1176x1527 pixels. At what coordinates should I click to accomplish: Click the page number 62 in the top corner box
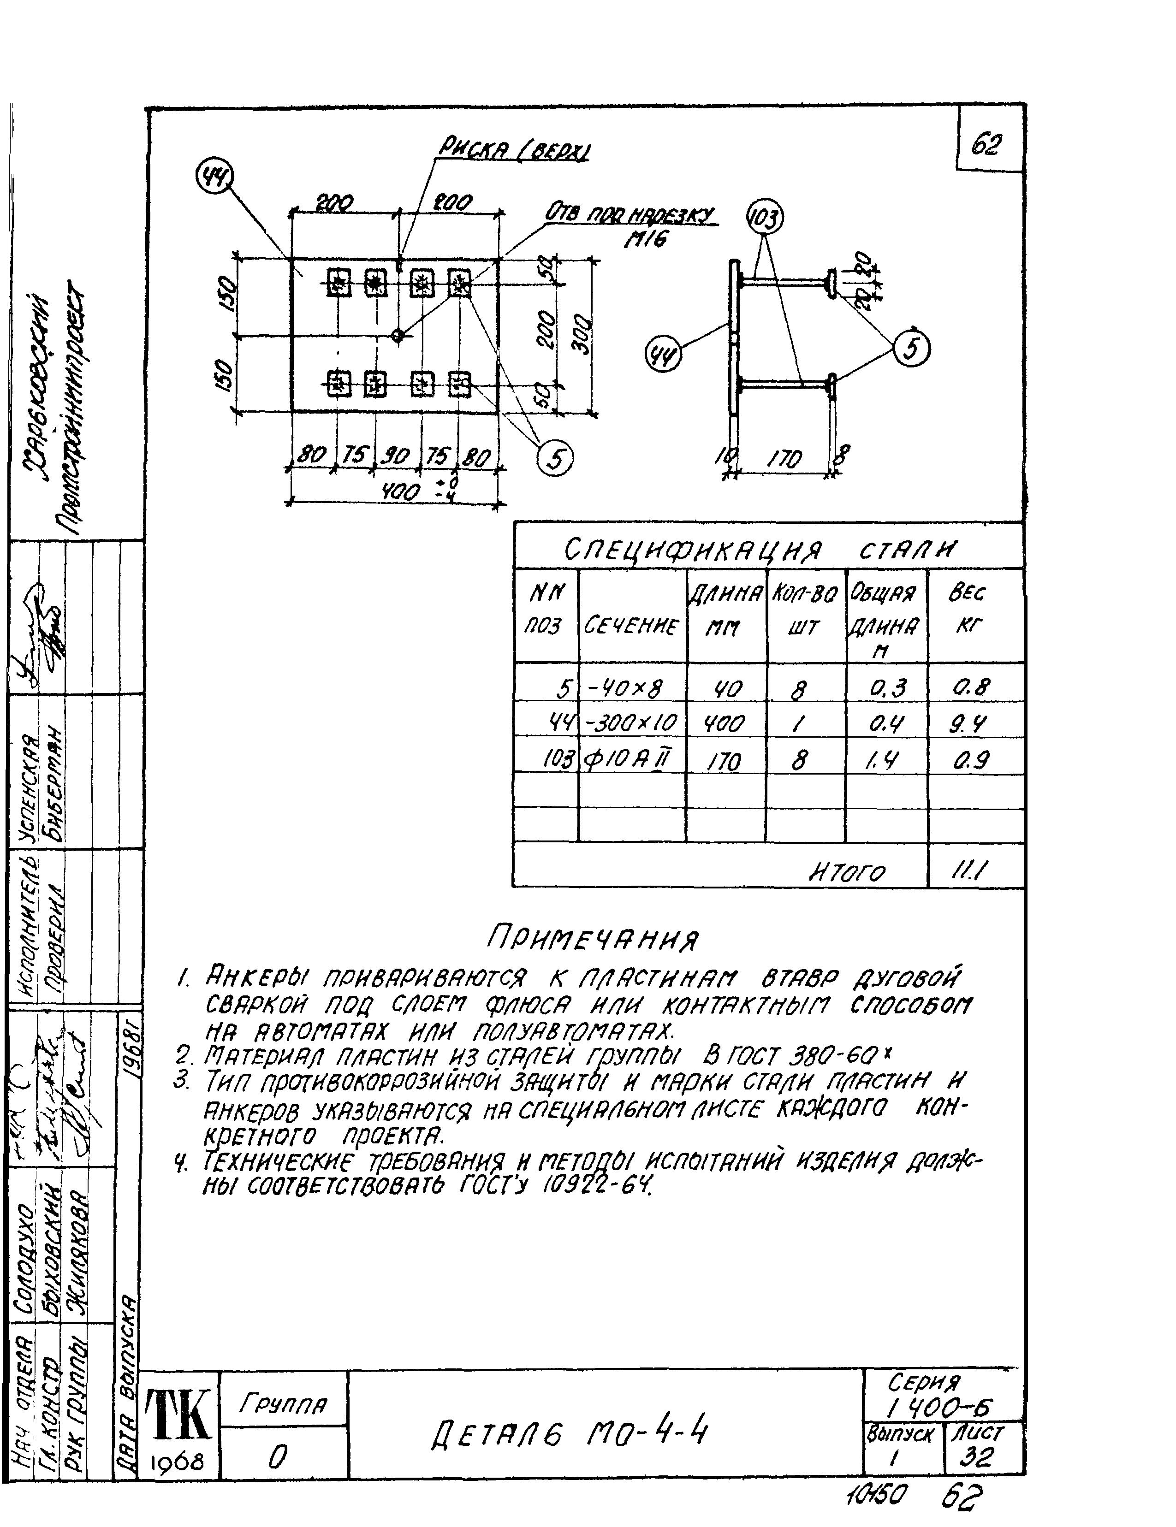pos(986,145)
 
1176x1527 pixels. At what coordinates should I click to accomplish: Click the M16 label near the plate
pos(645,239)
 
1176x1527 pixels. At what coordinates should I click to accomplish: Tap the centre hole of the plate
pos(397,336)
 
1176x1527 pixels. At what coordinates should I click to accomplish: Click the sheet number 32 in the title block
pos(977,1457)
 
